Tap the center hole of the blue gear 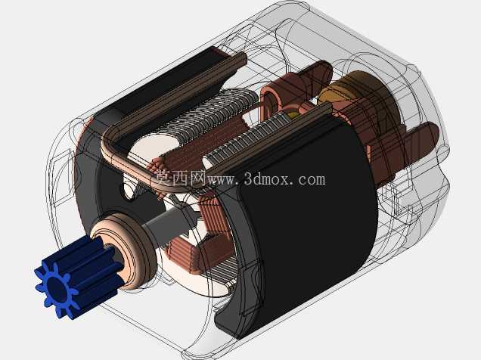pyautogui.click(x=57, y=289)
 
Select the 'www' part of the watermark pyautogui.click(x=221, y=180)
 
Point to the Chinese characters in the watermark pyautogui.click(x=180, y=178)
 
